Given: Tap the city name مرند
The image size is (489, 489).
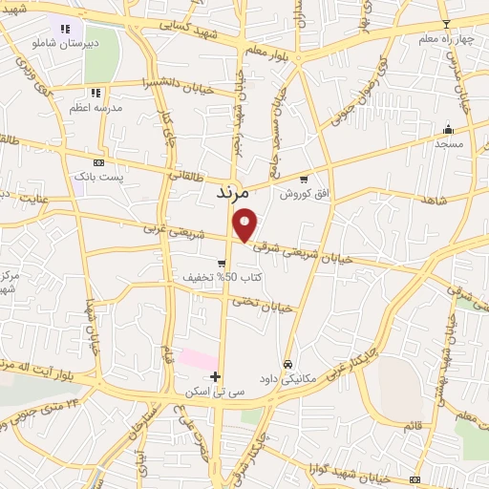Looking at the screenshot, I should (x=231, y=193).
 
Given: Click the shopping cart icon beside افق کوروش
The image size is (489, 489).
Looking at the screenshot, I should (x=304, y=179).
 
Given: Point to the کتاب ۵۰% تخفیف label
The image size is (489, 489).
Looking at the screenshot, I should (x=223, y=277).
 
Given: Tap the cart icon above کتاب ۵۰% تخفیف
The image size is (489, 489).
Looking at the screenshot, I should (x=223, y=263).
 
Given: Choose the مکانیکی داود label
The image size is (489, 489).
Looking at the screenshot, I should (x=287, y=377).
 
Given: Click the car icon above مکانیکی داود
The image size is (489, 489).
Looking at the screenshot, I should (x=287, y=364).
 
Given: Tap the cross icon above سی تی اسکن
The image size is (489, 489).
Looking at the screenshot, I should (x=217, y=377).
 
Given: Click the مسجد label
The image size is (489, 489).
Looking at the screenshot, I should (x=448, y=143).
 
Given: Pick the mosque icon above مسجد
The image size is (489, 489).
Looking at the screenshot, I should (x=448, y=130).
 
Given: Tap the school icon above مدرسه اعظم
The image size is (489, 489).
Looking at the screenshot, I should (x=95, y=93).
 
